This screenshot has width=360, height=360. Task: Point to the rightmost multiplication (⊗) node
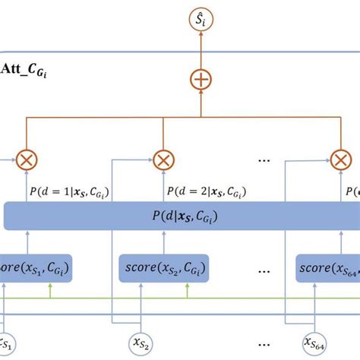(x=341, y=160)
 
